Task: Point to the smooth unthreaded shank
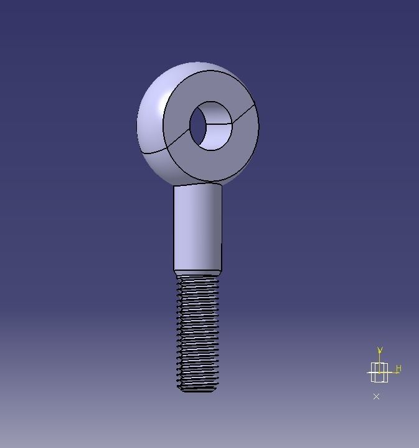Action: (x=197, y=228)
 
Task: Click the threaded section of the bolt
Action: (x=198, y=331)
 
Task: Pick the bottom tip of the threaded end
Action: (x=198, y=389)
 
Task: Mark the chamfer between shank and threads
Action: (x=197, y=273)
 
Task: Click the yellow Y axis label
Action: (x=380, y=351)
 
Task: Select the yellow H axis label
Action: (x=398, y=369)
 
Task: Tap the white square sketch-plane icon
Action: (x=379, y=373)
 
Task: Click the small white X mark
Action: (x=376, y=396)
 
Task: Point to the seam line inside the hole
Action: (x=219, y=124)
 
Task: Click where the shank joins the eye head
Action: (x=197, y=185)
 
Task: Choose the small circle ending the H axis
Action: (x=396, y=373)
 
